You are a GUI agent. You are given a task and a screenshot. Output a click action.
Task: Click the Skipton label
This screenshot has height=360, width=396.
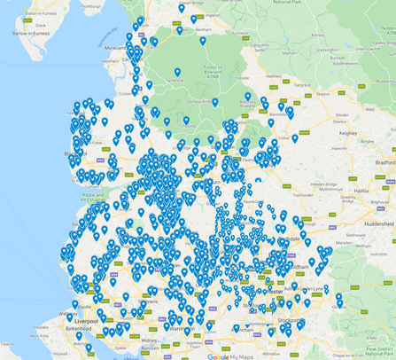(x=322, y=93)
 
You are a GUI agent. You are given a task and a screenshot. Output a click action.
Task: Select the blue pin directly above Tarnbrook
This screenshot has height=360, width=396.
(x=177, y=72)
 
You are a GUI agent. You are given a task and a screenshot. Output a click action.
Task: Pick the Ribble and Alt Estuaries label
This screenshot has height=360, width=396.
(x=92, y=198)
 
